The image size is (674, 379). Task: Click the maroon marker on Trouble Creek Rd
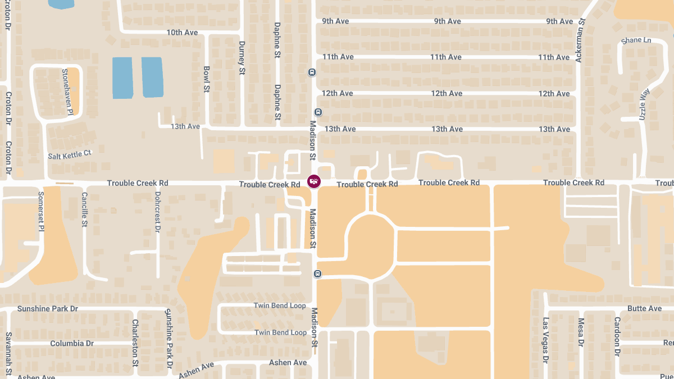(x=314, y=181)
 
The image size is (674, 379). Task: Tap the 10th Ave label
(x=182, y=33)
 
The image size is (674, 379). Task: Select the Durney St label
(x=242, y=58)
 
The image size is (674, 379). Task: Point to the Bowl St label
(x=207, y=79)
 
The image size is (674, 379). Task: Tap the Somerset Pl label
(x=41, y=211)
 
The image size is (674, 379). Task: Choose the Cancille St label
(x=84, y=209)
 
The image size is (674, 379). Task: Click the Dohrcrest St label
(x=157, y=212)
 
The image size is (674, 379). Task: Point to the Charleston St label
(x=135, y=343)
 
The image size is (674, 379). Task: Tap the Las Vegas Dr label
(x=545, y=340)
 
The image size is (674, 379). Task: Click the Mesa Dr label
(x=581, y=332)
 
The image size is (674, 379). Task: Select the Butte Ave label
(x=644, y=309)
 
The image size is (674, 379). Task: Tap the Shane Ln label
(x=636, y=40)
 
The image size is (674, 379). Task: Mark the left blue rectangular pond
(x=122, y=77)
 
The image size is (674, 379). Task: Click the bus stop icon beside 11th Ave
(x=312, y=72)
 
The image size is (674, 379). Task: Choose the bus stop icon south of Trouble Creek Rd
(x=317, y=274)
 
